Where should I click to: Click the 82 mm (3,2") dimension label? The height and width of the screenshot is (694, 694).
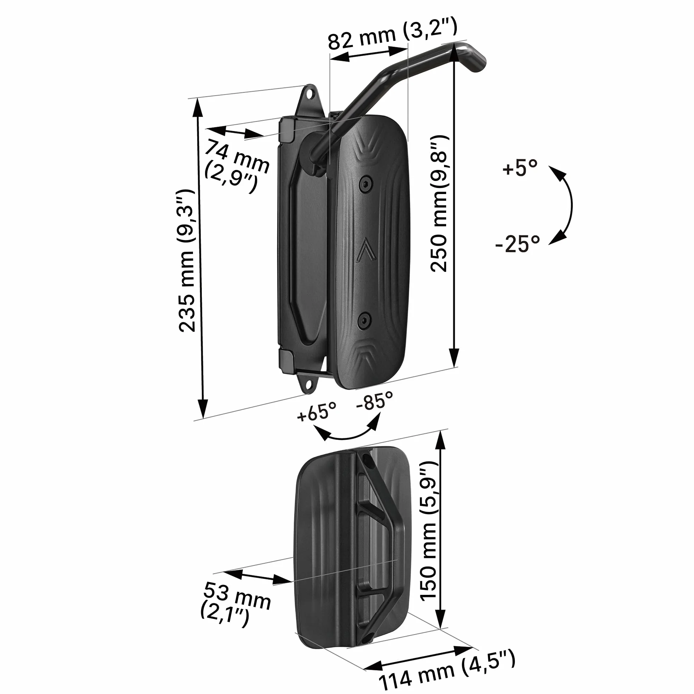tap(393, 35)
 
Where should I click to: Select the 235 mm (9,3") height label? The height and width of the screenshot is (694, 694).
tap(187, 261)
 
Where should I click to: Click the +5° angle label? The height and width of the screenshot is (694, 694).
tap(520, 168)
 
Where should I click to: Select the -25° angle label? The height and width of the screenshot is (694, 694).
tap(517, 244)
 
